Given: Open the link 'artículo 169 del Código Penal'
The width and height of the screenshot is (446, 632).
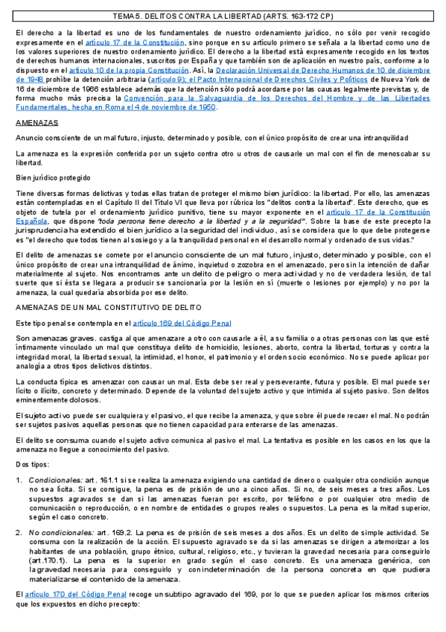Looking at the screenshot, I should pyautogui.click(x=182, y=323).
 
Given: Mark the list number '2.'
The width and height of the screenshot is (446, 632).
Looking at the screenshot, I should pyautogui.click(x=20, y=534).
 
